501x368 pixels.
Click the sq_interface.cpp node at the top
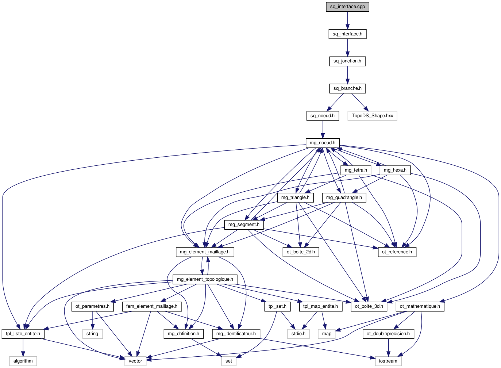point(347,7)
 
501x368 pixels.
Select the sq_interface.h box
point(347,34)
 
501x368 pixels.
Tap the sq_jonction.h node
point(347,61)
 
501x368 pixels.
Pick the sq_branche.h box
point(347,88)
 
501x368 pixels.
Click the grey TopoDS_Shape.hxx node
point(372,116)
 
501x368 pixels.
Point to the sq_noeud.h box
point(322,116)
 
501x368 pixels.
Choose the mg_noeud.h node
point(322,143)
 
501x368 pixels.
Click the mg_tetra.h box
point(356,170)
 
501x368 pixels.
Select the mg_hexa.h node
point(395,170)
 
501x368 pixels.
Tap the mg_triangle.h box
point(295,198)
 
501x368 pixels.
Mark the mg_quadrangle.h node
point(344,198)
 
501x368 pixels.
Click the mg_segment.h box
point(244,225)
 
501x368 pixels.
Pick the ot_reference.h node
point(397,252)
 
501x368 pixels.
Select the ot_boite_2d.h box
point(301,252)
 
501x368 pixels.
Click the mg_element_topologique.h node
point(205,279)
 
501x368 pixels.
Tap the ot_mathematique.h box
point(420,306)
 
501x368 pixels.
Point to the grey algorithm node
point(23,361)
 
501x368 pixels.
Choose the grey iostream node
point(388,361)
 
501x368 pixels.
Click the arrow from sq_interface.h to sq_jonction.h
point(347,47)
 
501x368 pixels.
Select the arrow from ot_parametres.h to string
point(92,320)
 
